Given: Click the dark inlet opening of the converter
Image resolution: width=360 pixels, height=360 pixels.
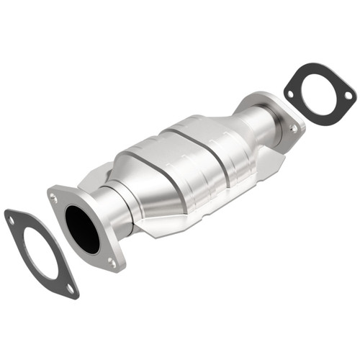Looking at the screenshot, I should tap(82, 228).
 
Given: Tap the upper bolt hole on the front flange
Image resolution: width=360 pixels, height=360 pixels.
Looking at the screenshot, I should tap(54, 194).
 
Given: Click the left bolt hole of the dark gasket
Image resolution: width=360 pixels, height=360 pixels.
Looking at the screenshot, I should tap(291, 93).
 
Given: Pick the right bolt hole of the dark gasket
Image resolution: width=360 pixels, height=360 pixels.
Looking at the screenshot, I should tap(348, 95).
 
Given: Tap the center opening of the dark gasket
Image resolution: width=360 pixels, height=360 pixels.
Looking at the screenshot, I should tap(318, 93).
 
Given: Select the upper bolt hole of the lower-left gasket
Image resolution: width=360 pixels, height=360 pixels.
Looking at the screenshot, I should tap(11, 220).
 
